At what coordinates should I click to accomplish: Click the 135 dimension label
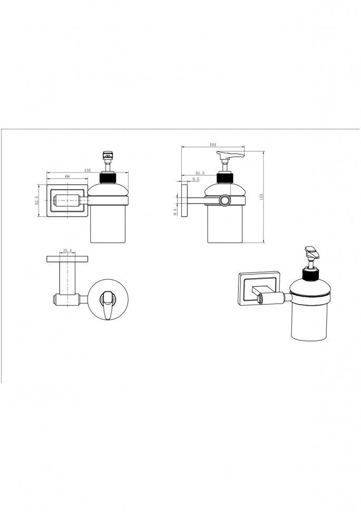click(x=87, y=170)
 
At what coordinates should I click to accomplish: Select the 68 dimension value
click(x=67, y=176)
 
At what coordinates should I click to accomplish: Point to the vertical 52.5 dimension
click(x=36, y=201)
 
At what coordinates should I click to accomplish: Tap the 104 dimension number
click(x=213, y=145)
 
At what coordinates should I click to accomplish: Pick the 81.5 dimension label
click(x=200, y=173)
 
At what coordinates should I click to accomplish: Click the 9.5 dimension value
click(x=196, y=179)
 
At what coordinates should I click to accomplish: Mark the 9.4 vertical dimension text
click(x=175, y=212)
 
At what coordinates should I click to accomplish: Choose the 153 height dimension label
click(x=261, y=197)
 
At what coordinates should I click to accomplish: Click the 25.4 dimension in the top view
click(x=67, y=251)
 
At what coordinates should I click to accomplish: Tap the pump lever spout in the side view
click(x=230, y=154)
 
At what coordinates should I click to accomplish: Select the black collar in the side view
click(x=225, y=178)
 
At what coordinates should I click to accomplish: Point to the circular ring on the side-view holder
click(x=225, y=201)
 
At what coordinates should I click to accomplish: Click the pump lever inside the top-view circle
click(x=108, y=305)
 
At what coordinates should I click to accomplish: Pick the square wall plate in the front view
click(x=67, y=201)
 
